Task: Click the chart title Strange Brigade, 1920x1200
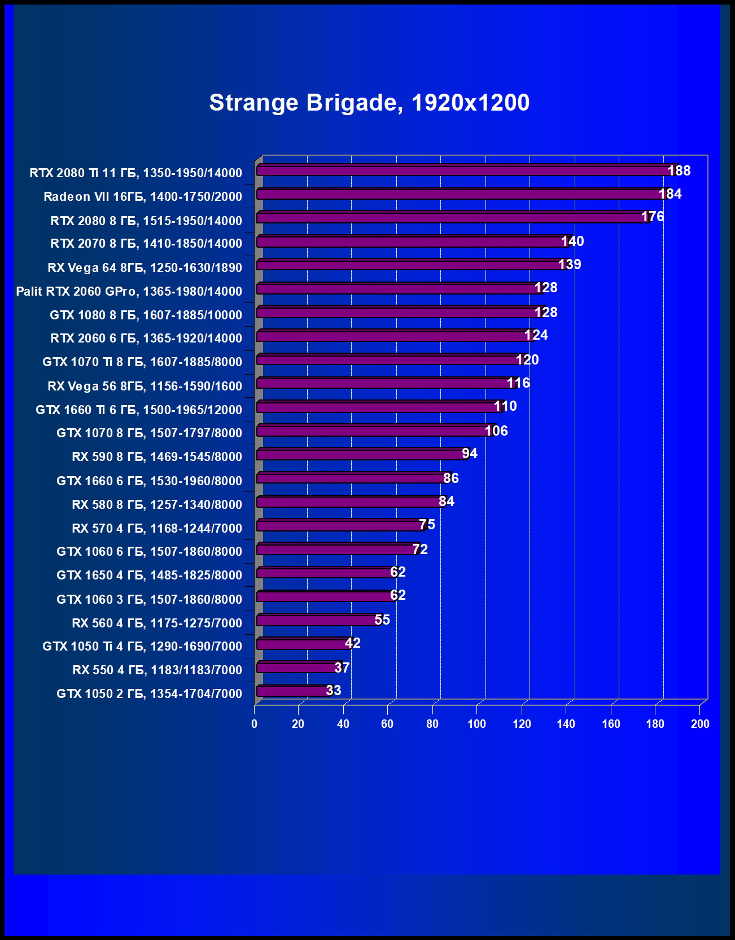[x=369, y=103]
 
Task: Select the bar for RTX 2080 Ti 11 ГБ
[x=463, y=170]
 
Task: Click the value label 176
[x=652, y=217]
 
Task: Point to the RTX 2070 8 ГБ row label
[x=146, y=244]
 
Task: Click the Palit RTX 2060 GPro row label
[x=129, y=292]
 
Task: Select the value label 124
[x=536, y=335]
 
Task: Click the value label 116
[x=518, y=383]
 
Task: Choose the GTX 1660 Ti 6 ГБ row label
[x=138, y=410]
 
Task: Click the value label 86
[x=450, y=478]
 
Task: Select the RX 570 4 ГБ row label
[x=156, y=529]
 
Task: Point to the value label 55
[x=382, y=620]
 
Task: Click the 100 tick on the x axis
[x=476, y=724]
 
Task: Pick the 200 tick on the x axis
[x=699, y=724]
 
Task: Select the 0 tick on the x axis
[x=255, y=724]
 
